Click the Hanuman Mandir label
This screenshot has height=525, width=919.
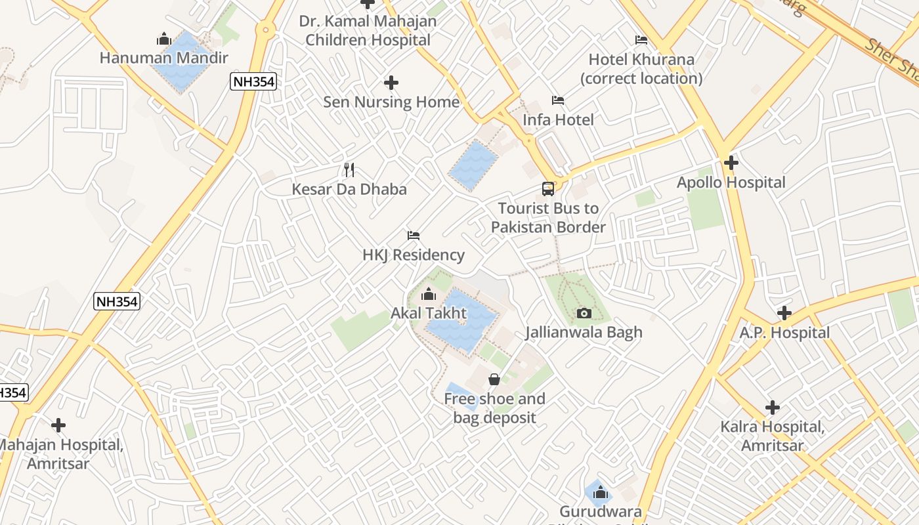click(x=163, y=58)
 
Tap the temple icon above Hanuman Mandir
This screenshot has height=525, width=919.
click(x=164, y=39)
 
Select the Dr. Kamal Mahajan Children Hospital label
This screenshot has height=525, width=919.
click(x=368, y=30)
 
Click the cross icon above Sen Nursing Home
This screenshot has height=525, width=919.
click(x=391, y=83)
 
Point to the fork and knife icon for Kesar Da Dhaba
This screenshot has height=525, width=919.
click(x=349, y=170)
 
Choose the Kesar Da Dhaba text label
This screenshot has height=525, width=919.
click(x=349, y=190)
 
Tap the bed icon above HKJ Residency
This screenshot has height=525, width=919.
click(x=414, y=236)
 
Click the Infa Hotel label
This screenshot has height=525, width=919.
click(x=558, y=120)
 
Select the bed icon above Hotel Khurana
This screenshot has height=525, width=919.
click(x=641, y=40)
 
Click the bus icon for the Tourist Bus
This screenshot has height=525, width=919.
click(x=548, y=189)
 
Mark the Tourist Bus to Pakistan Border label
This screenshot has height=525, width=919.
click(x=548, y=218)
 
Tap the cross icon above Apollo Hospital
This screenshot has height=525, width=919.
click(x=731, y=163)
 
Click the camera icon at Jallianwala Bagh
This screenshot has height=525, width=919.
click(x=584, y=314)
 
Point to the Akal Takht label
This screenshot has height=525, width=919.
click(x=428, y=313)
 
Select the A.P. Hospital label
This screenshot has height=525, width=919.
click(x=784, y=333)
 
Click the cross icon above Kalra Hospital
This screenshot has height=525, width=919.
click(x=773, y=408)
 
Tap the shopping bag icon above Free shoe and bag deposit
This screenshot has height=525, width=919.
click(x=494, y=379)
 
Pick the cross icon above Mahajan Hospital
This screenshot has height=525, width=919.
click(x=58, y=425)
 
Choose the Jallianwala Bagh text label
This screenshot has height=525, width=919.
click(x=584, y=333)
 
